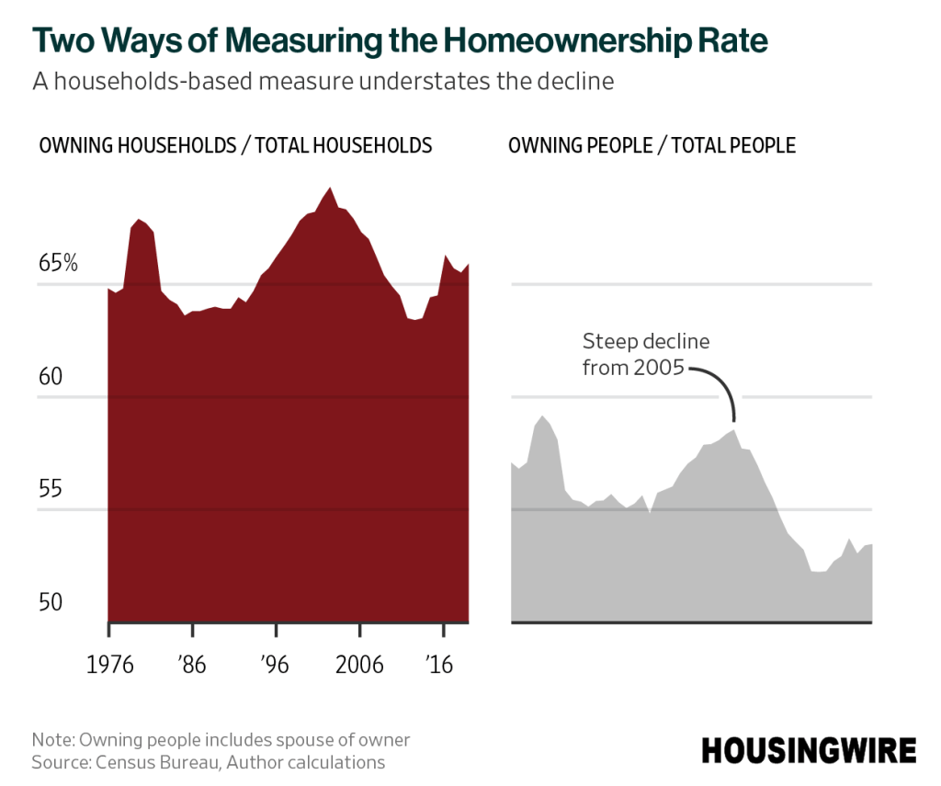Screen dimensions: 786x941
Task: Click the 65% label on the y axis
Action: pyautogui.click(x=58, y=264)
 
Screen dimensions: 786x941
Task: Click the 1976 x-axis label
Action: pyautogui.click(x=109, y=666)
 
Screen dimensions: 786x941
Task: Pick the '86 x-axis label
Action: pyautogui.click(x=193, y=666)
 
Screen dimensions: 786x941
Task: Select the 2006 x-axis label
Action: pyautogui.click(x=360, y=666)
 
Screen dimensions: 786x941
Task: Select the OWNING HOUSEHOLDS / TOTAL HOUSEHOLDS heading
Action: pyautogui.click(x=235, y=145)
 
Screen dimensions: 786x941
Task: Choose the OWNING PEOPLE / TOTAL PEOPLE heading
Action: pyautogui.click(x=652, y=145)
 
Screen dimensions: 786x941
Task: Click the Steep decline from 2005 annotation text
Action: pyautogui.click(x=646, y=355)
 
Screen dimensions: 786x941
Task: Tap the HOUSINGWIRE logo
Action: pyautogui.click(x=810, y=750)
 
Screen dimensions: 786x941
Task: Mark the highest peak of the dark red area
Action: pyautogui.click(x=330, y=188)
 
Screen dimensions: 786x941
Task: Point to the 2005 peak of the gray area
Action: pyautogui.click(x=733, y=430)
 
